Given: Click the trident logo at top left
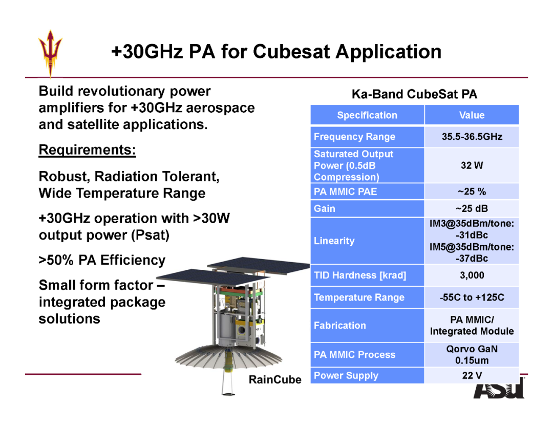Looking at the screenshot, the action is pos(50,53).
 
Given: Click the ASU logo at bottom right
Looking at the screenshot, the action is pos(499,388).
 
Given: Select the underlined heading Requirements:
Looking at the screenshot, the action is pos(87,150).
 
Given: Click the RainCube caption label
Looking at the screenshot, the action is pos(275,379).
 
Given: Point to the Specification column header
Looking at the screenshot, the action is pos(367,115).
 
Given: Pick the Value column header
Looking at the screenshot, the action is pos(472,115).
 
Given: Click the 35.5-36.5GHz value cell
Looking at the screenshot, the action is pos(472,137).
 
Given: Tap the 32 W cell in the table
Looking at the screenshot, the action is pos(472,165).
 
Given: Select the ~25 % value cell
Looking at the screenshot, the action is pos(472,191).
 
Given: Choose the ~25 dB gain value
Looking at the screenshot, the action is pos(472,208).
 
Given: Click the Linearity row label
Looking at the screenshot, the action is pos(334,241).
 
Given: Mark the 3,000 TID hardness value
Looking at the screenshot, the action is pos(472,275).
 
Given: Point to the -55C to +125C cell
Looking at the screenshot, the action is pos(472,297).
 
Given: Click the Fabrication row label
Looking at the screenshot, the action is pos(339,326).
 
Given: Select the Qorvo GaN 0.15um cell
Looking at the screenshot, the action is pos(472,355).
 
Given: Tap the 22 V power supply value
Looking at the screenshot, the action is pos(472,375).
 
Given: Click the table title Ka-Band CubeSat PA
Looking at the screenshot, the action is pos(414,94).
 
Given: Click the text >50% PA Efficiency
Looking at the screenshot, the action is pos(102,260).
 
